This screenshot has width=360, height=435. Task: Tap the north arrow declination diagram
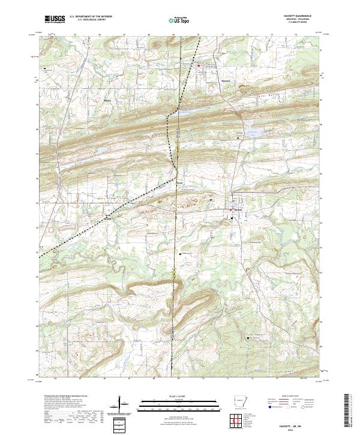tap(122, 406)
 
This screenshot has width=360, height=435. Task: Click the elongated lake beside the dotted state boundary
tap(186, 112)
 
